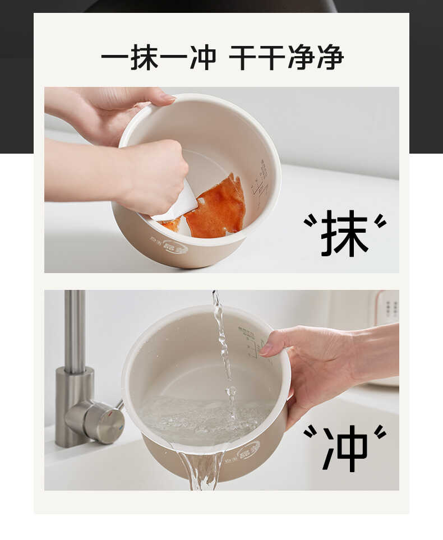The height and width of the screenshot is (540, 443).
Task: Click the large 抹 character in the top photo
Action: pos(344,233)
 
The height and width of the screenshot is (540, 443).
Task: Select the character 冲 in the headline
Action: pos(202,57)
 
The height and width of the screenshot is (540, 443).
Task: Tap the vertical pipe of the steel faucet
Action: pos(75,331)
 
